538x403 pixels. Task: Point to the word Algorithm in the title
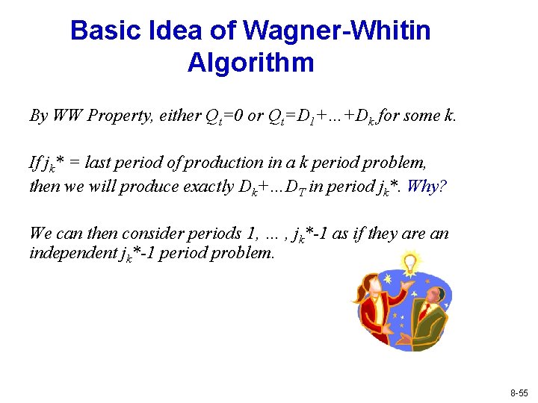(x=250, y=63)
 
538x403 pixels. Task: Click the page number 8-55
(x=519, y=392)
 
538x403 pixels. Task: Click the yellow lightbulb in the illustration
(x=409, y=262)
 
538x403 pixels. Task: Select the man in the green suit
(x=429, y=313)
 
